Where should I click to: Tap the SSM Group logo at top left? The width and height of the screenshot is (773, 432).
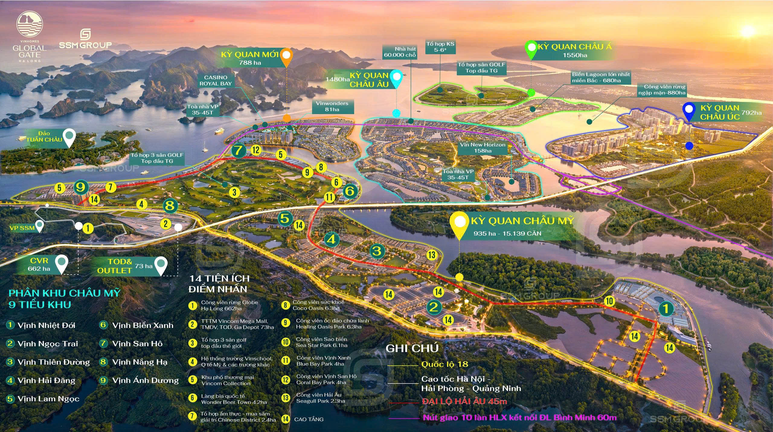[85, 39]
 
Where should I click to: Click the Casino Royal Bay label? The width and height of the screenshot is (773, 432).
[215, 81]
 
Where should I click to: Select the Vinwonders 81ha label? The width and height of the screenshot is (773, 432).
[332, 106]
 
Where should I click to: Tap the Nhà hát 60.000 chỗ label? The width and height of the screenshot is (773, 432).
[400, 52]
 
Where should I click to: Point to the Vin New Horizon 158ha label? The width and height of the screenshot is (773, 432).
[483, 148]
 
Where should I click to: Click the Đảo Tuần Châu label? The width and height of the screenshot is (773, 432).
[44, 137]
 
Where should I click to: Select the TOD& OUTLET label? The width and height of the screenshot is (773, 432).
[115, 266]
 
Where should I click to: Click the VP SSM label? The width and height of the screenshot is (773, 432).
[22, 228]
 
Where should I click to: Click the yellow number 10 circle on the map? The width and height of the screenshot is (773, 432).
[609, 301]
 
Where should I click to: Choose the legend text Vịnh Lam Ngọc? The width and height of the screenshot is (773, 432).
[48, 399]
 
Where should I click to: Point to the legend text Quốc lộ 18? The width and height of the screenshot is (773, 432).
[444, 364]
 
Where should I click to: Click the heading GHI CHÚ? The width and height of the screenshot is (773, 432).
[412, 349]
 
